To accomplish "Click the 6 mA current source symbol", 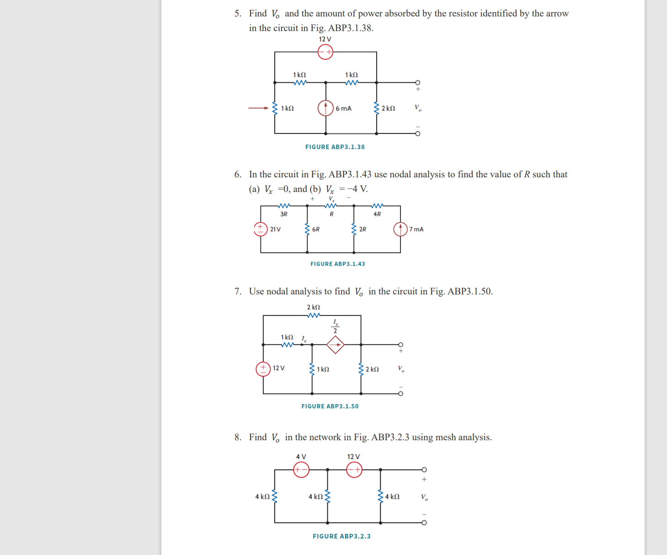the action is tap(325, 108).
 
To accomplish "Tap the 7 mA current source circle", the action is tap(400, 229).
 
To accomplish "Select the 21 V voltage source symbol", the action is tap(261, 229).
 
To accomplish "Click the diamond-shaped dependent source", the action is tap(335, 345).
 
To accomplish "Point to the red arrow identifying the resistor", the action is tap(259, 108).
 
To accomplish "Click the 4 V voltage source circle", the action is tap(301, 470).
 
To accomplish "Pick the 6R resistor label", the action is tap(316, 229).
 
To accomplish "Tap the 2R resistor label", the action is tap(363, 229).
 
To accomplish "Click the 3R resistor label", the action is tap(284, 214).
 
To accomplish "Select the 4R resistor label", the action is tap(377, 214).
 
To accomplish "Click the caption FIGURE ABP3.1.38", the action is tap(335, 147).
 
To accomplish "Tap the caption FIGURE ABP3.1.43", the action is tap(338, 264).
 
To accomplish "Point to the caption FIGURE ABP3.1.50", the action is tap(330, 406).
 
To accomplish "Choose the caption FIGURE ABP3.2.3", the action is tap(342, 536).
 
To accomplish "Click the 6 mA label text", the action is tap(343, 108).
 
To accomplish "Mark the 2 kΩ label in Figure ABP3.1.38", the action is tap(388, 108).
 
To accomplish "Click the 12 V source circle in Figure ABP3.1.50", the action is tap(263, 368).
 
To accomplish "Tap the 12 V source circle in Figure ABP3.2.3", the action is tap(354, 470).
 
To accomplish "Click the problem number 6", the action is tap(238, 174).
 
